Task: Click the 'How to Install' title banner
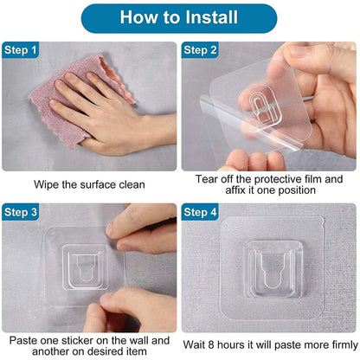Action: pyautogui.click(x=180, y=17)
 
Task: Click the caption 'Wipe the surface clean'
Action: pyautogui.click(x=90, y=184)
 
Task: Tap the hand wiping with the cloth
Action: pyautogui.click(x=100, y=112)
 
